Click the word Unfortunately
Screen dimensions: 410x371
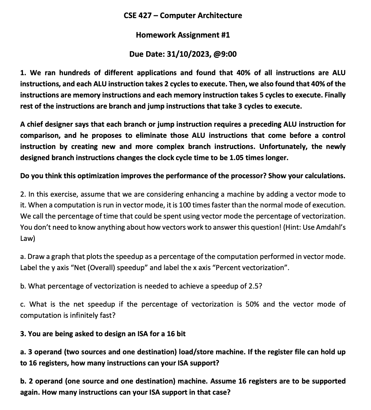click(283, 147)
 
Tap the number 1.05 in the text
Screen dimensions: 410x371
click(237, 158)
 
